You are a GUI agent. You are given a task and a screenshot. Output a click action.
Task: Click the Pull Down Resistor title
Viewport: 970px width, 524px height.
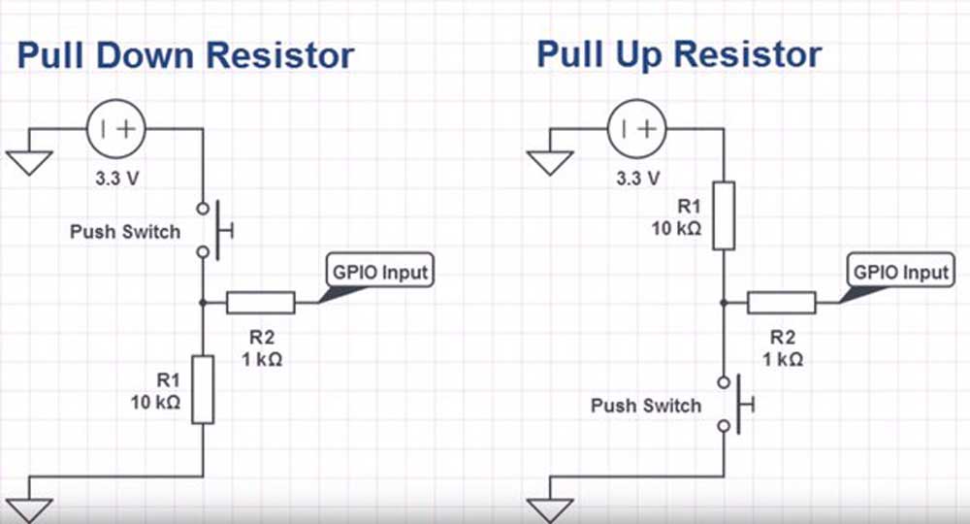[x=185, y=54]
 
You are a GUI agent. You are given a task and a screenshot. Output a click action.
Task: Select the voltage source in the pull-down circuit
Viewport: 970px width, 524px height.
[x=116, y=128]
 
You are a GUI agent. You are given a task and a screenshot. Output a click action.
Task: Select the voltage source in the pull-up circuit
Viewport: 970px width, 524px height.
[x=637, y=128]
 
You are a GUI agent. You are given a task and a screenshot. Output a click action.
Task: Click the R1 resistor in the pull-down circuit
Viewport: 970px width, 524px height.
[x=202, y=389]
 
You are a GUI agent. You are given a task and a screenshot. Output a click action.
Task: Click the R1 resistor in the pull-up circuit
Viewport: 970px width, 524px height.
[x=723, y=214]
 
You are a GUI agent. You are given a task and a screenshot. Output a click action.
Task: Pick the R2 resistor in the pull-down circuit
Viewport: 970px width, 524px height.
[x=260, y=303]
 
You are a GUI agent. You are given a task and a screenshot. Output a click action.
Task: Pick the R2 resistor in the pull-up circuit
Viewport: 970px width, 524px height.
[x=781, y=303]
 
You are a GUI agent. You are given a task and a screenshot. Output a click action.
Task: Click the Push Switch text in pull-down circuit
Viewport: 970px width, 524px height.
[x=125, y=232]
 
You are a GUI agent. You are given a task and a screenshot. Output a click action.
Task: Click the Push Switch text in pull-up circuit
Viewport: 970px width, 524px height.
[x=645, y=405]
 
